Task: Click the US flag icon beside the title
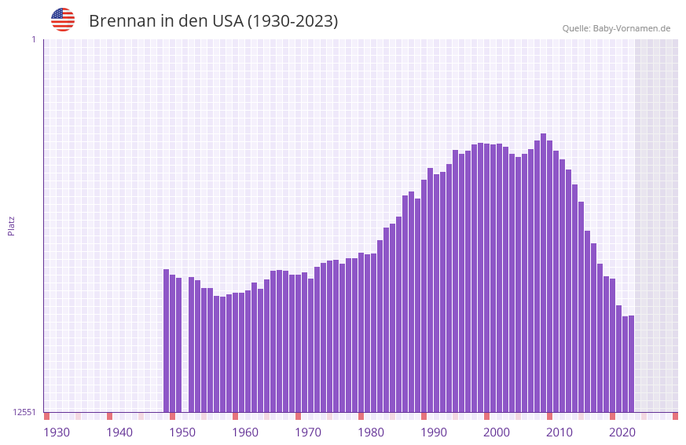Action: (63, 20)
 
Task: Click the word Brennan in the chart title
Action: (123, 21)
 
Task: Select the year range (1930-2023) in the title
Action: (292, 21)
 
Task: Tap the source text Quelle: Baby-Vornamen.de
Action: (616, 28)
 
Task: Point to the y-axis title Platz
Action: (11, 225)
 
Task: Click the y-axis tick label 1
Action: (33, 39)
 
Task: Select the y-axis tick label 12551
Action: (24, 412)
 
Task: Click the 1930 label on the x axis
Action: (57, 432)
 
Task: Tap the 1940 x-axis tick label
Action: (119, 432)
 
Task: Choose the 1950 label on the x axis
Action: (182, 432)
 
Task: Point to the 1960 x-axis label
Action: (245, 432)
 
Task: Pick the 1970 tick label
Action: (308, 432)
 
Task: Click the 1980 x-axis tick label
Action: (371, 432)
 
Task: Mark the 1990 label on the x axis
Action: (434, 432)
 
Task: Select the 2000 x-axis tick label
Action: (497, 432)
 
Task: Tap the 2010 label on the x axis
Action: (559, 432)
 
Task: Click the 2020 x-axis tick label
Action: (622, 432)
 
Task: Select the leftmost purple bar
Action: (166, 341)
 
